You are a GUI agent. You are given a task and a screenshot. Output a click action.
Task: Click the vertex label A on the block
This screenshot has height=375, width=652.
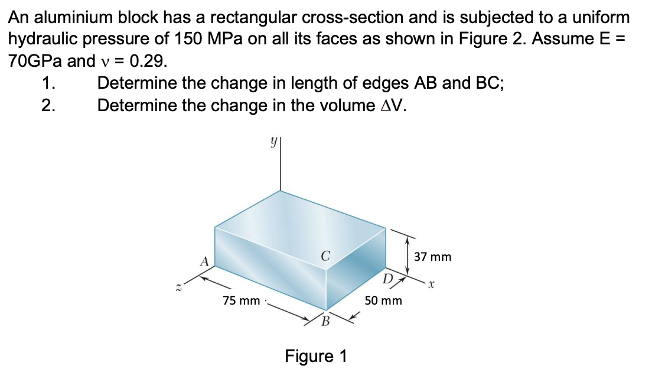click(204, 260)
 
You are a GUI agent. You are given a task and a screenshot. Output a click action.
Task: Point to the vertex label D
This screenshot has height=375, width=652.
click(387, 279)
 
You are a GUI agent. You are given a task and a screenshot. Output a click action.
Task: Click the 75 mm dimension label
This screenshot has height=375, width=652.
click(242, 300)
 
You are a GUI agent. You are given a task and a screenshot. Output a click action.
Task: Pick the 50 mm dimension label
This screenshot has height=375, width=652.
click(383, 300)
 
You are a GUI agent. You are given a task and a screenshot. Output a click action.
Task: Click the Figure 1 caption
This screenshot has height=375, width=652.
click(316, 356)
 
